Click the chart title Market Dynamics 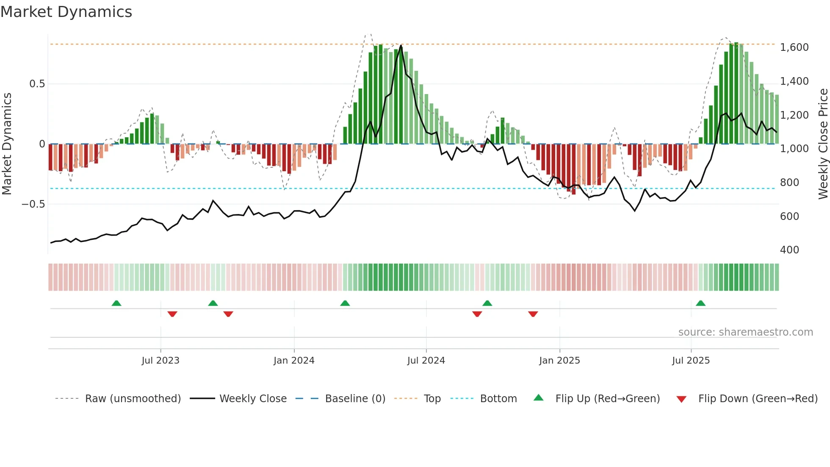[66, 12]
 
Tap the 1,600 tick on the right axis [794, 47]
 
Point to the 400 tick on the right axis [789, 250]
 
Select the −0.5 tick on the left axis [33, 204]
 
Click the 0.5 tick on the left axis [37, 84]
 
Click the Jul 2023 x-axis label [160, 361]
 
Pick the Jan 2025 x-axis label [559, 361]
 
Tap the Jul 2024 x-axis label [426, 361]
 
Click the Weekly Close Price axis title [823, 144]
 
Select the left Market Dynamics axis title [7, 144]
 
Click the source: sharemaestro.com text [745, 332]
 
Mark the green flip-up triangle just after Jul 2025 [700, 303]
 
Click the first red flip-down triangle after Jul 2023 [172, 314]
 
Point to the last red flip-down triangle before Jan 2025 [533, 314]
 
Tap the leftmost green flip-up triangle [116, 303]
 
